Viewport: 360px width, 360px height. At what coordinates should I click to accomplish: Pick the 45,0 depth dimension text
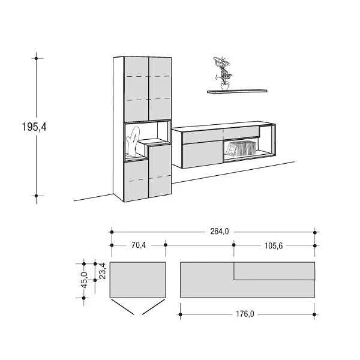(x=84, y=280)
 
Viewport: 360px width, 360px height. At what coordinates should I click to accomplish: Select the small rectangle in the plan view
(x=138, y=280)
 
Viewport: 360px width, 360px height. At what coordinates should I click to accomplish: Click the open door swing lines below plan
(x=138, y=308)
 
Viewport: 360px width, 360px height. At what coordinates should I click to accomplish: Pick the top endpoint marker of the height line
(x=37, y=58)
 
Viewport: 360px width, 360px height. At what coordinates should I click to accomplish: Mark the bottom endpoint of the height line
(x=37, y=196)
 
